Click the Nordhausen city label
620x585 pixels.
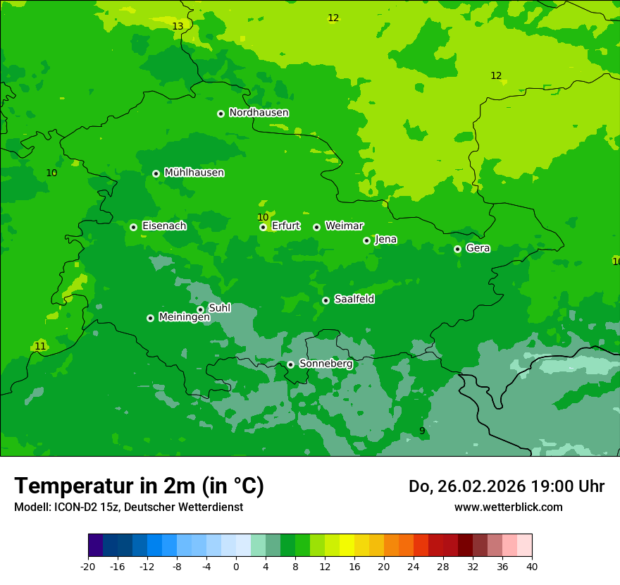tap(259, 113)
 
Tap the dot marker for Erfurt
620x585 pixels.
tap(263, 227)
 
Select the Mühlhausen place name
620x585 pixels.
tap(194, 173)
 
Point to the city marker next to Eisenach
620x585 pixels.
tap(133, 227)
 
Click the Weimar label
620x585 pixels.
tap(344, 226)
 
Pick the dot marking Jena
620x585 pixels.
tap(366, 240)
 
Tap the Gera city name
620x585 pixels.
tap(478, 248)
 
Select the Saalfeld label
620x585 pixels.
tap(354, 300)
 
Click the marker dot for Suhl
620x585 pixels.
tap(200, 309)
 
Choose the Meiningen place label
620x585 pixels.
tap(184, 317)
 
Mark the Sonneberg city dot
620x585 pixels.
tap(290, 364)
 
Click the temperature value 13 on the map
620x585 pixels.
tap(178, 27)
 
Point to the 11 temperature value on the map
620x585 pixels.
tap(40, 346)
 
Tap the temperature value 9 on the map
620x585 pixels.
tap(422, 431)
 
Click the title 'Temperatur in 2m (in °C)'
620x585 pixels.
tap(139, 486)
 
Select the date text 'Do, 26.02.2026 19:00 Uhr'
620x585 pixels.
tap(506, 486)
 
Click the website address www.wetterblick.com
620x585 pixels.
tap(508, 507)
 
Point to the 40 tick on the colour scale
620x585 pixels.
tap(531, 567)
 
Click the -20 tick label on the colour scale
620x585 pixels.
tap(87, 567)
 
